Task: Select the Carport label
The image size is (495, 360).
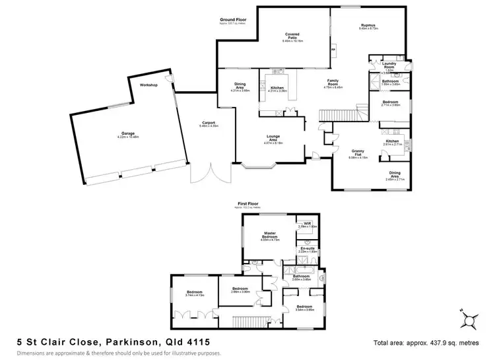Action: click(x=210, y=123)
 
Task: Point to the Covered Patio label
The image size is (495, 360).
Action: click(x=292, y=35)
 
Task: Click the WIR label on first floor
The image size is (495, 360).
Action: click(x=307, y=224)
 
